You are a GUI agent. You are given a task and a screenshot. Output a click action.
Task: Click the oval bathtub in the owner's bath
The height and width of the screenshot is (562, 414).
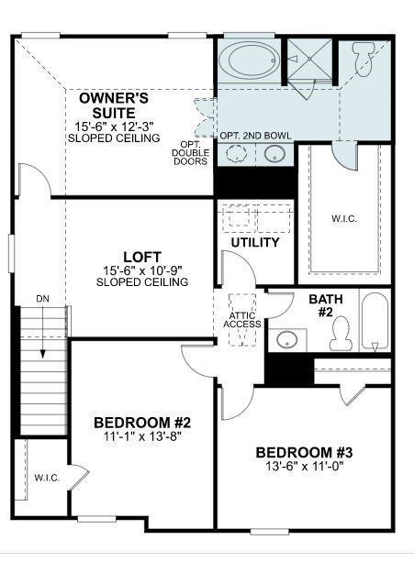coord(250,61)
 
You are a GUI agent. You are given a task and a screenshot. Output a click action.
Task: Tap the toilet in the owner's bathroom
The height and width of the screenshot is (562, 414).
coord(364,60)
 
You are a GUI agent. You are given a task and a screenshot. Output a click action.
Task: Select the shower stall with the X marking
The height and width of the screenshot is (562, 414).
coord(310,60)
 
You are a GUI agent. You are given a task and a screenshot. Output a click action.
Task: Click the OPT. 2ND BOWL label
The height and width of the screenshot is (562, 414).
coord(255,136)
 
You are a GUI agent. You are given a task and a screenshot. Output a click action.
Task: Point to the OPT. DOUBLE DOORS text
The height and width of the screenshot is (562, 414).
coord(190,153)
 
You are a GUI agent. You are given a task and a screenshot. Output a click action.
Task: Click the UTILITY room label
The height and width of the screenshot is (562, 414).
coord(255,243)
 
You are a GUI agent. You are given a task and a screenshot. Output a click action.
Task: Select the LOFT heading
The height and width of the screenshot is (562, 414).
coord(142,257)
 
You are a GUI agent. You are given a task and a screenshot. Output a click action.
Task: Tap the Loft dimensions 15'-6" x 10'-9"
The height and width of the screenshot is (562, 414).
coord(142,270)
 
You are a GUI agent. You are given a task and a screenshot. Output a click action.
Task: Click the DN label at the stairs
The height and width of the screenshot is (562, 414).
coord(43,299)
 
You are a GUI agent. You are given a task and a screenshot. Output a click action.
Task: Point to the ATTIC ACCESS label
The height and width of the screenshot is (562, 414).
coord(242,320)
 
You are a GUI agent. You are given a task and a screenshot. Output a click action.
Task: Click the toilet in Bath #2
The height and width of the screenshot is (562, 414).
coord(340,334)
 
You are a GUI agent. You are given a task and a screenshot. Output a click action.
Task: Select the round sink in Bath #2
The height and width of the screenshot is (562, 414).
coord(287,339)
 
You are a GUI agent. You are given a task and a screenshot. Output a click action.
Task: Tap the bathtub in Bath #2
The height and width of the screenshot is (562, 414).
coord(375,321)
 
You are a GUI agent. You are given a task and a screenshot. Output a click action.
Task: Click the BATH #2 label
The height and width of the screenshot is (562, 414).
coord(326,305)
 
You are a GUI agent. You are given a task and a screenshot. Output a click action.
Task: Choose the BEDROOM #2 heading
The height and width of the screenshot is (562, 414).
coord(142,423)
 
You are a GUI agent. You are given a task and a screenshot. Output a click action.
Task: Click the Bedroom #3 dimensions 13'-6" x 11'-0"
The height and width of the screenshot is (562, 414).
coord(304,466)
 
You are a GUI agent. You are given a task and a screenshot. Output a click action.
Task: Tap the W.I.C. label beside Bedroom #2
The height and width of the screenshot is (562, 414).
coord(47,478)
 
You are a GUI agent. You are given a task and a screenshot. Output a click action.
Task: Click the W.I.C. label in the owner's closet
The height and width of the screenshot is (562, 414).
coord(344,218)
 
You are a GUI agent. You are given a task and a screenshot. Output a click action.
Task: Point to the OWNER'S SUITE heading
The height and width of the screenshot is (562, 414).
coord(114,105)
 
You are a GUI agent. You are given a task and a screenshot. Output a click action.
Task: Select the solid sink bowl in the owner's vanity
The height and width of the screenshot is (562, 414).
coord(274,154)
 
